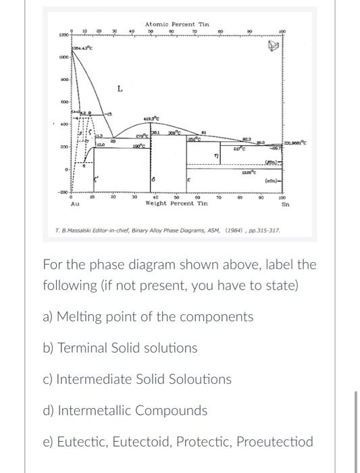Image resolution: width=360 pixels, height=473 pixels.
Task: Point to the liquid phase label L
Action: click(119, 89)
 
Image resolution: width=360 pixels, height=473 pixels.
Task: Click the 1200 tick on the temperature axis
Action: click(62, 33)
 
